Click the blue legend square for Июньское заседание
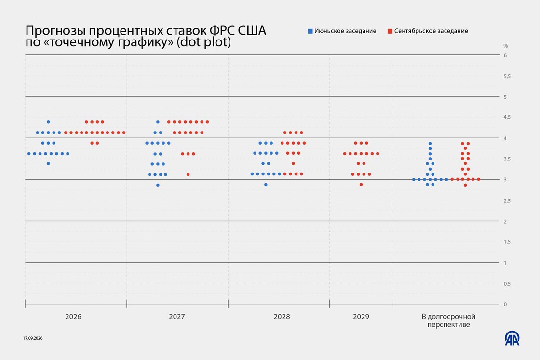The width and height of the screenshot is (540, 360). tap(310, 31)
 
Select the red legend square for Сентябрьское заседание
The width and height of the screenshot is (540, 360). tap(390, 31)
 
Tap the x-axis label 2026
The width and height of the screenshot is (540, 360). tap(73, 317)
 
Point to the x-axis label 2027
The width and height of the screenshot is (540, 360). tap(176, 317)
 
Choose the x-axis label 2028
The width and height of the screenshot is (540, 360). tap(282, 317)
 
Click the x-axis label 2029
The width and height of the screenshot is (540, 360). tap(361, 317)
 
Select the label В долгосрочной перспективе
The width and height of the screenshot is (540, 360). tap(448, 320)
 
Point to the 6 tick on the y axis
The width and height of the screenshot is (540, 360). tap(505, 55)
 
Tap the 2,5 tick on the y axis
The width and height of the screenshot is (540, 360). tap(507, 201)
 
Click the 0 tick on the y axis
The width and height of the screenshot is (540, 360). tap(505, 304)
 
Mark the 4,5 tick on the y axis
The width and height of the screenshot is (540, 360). tap(507, 118)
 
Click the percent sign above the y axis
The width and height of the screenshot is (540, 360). tap(506, 46)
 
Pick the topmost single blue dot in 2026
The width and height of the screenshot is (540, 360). tap(48, 122)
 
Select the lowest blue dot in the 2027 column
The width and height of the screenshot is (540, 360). tap(158, 185)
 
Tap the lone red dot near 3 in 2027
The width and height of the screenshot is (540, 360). tap(188, 175)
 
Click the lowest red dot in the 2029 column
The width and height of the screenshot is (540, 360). tap(361, 185)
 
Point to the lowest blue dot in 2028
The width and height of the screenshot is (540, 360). tap(266, 185)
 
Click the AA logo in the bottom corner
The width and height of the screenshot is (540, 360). tap(512, 338)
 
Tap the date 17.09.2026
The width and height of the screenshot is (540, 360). tap(33, 338)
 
